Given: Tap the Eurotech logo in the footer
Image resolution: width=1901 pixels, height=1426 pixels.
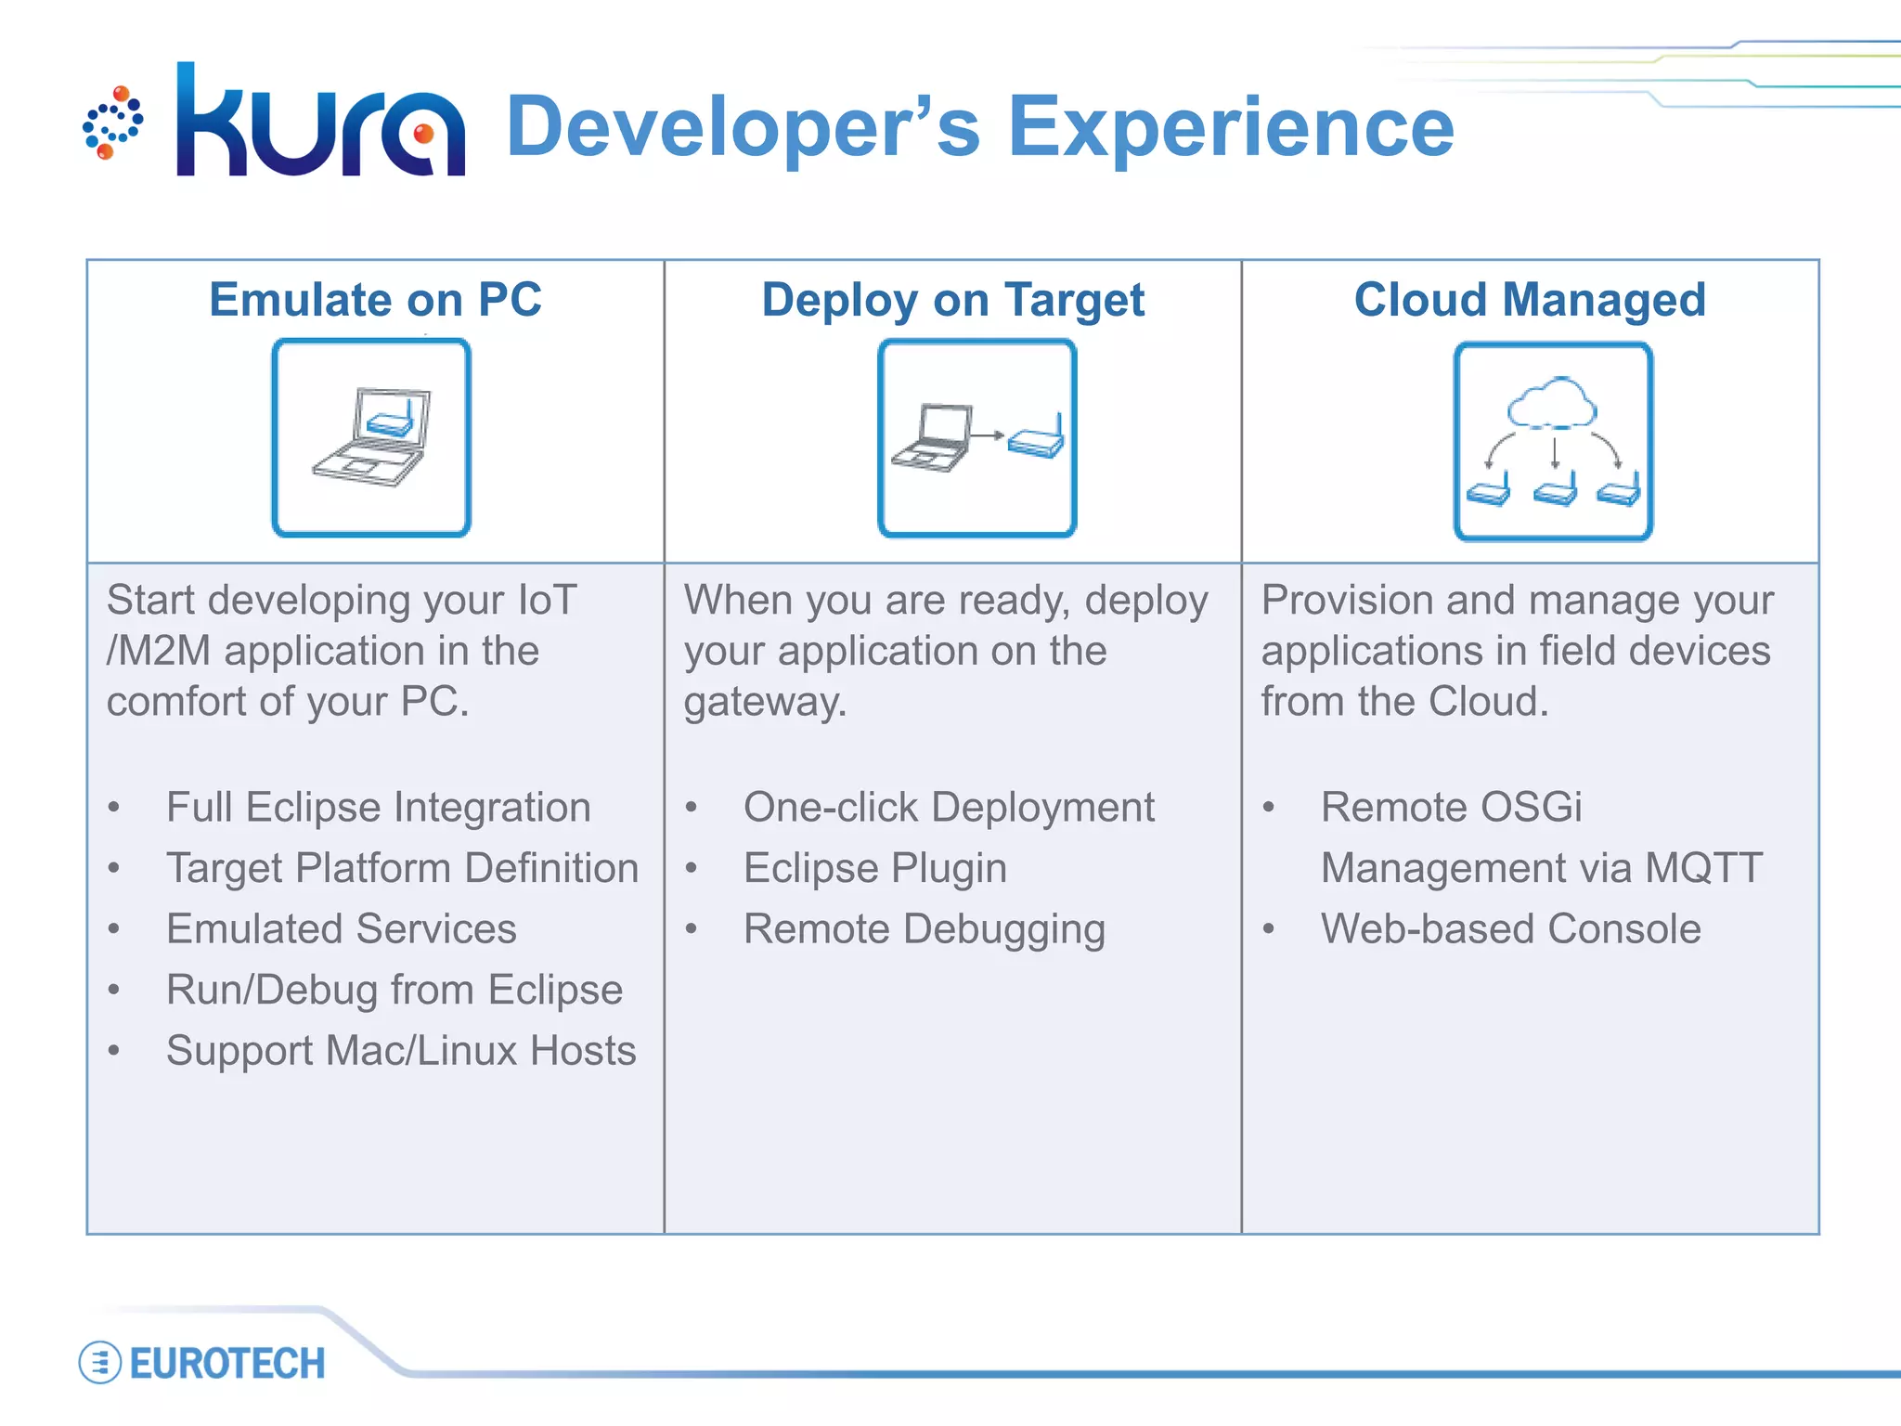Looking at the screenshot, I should pos(204,1364).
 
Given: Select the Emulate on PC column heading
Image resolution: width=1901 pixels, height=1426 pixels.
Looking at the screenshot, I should pos(375,300).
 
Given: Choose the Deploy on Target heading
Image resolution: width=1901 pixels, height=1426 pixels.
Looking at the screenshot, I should pos(952,300).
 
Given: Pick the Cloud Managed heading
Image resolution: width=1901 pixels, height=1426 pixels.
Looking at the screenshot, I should pos(1530,300).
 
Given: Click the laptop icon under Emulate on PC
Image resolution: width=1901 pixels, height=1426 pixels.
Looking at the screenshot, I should pos(371,437).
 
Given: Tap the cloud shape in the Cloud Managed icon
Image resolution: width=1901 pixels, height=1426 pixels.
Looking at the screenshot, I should pos(1552,403).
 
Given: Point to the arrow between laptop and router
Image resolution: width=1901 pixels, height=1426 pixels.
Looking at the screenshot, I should pos(988,434).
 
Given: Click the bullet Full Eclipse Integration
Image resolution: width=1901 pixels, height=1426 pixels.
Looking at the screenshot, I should pos(378,807).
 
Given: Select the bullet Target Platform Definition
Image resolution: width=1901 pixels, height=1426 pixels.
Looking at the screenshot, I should pos(402,868).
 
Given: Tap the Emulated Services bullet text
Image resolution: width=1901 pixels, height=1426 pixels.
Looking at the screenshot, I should pos(341,928).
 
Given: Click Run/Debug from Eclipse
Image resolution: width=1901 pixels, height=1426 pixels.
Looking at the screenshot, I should pos(394,990).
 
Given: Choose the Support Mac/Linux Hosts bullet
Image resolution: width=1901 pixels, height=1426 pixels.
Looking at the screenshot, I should pos(400,1051).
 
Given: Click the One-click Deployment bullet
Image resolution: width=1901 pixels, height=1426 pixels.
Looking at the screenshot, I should pos(949,807).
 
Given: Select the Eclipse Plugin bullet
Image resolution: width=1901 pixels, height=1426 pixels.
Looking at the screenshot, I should pos(874,868).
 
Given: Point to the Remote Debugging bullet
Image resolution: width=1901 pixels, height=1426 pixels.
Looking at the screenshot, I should pos(924,928).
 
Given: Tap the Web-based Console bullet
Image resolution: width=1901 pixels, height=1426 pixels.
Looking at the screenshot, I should pos(1510,928).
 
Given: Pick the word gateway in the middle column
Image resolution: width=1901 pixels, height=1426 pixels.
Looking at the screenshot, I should pos(763,702).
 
